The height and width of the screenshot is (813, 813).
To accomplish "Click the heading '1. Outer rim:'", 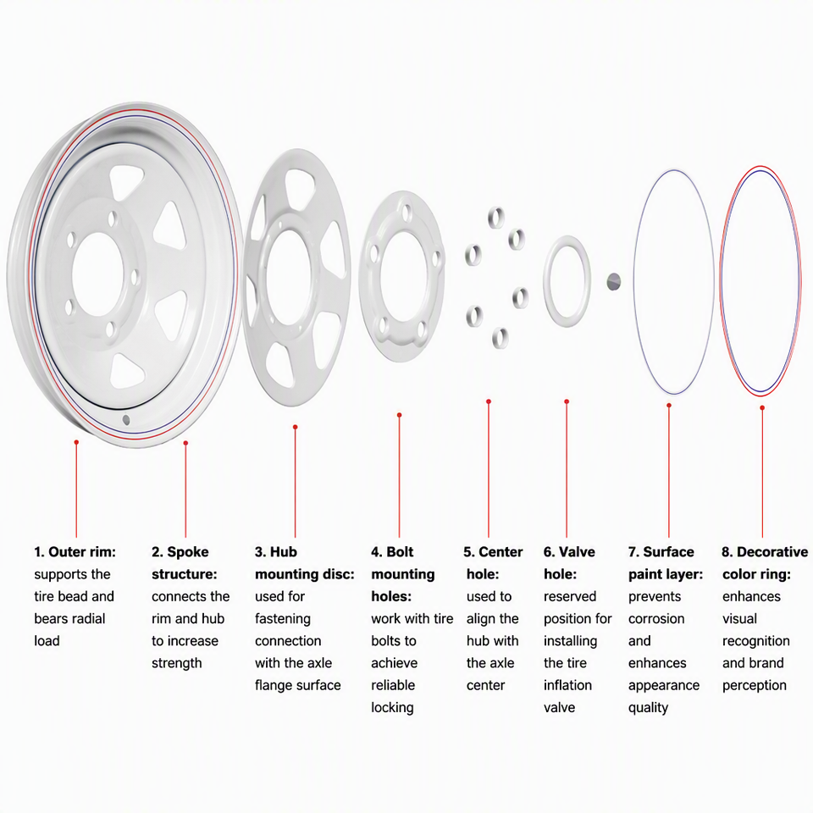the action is pos(75,551).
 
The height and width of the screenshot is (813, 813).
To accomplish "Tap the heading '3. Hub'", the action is pos(276,551).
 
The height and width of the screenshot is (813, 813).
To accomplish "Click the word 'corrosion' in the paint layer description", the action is pos(656,618).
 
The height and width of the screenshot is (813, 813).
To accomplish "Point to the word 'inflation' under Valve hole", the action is pos(567,685).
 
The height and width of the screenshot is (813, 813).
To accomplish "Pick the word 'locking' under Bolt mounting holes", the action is pos(392,708).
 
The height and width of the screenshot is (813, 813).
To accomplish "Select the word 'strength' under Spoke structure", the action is pos(177,664).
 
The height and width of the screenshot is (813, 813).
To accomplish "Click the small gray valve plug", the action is pos(613,281).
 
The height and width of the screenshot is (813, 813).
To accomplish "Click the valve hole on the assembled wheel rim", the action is pos(126,419).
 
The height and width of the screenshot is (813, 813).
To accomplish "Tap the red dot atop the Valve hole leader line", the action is pos(567,401).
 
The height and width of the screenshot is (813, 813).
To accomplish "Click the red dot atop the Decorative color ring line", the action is pos(762,408).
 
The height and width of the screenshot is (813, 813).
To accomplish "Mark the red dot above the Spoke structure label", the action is pos(185,443).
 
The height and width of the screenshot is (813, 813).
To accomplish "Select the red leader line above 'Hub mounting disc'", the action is pos(295,483).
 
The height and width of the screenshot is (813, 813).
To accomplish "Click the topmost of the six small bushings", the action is pos(496,217).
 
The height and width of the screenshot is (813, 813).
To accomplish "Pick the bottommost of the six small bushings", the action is pos(500,338).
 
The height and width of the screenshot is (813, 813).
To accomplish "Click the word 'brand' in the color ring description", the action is pos(765,663).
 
